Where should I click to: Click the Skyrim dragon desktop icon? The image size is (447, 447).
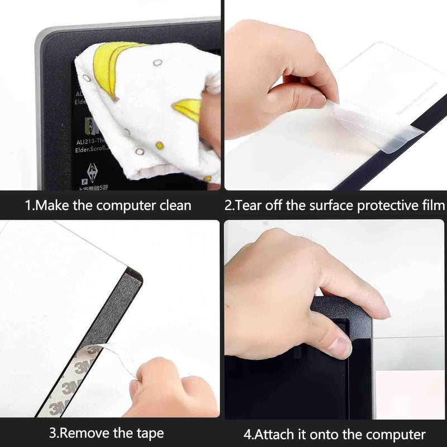pos(92,171)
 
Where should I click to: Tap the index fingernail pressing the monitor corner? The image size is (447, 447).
pos(338,347)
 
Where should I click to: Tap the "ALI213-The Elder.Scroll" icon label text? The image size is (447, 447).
pos(92,146)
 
